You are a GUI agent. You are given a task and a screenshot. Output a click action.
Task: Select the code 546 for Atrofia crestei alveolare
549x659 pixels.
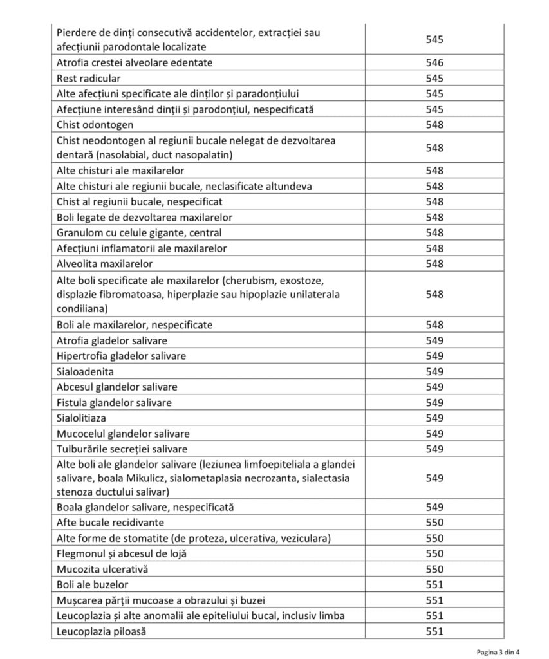tap(434, 63)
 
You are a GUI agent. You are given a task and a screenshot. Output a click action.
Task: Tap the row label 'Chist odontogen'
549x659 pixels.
tap(95, 125)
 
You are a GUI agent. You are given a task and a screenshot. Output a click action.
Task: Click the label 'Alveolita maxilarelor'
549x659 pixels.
tap(105, 264)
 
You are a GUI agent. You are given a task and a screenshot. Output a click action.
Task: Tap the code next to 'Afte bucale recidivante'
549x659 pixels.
tap(434, 523)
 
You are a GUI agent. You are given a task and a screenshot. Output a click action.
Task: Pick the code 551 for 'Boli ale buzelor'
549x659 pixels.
tap(434, 584)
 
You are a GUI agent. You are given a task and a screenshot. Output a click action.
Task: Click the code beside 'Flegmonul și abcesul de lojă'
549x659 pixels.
tap(434, 553)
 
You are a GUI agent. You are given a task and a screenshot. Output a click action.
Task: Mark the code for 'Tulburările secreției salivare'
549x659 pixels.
tap(434, 449)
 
